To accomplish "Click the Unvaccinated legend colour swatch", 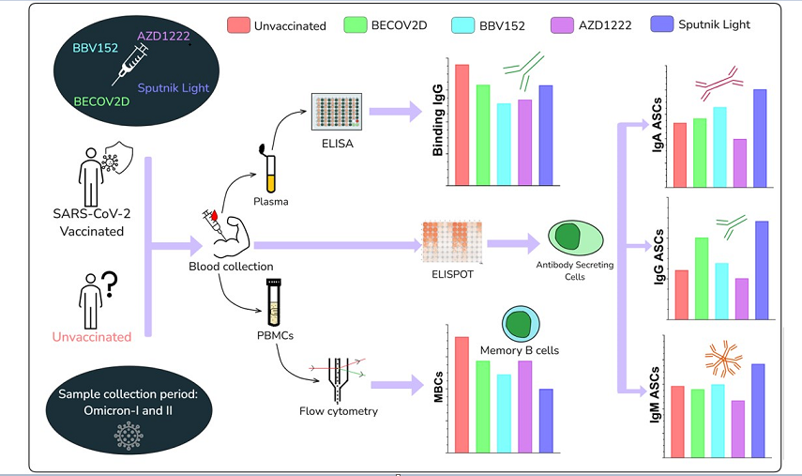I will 237,25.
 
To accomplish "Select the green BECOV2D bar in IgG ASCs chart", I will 701,278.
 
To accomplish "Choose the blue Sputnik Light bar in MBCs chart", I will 546,421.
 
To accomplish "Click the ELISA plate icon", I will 336,111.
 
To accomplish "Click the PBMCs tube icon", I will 275,302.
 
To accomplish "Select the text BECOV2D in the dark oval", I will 102,100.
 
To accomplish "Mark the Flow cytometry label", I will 338,410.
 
